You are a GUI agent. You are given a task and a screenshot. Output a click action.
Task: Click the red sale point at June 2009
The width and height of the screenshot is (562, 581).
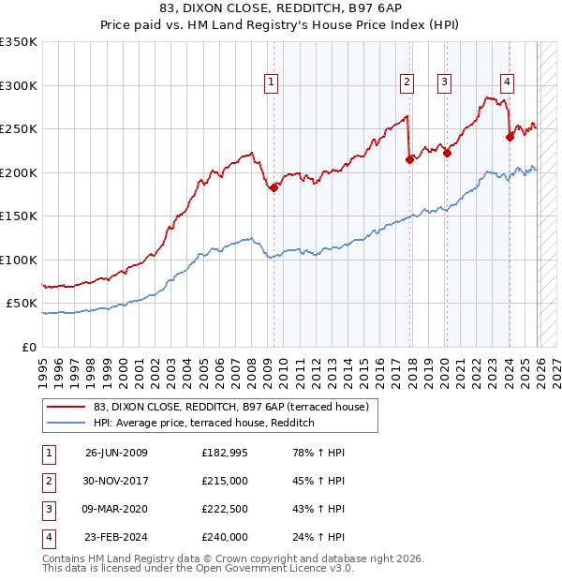[274, 187]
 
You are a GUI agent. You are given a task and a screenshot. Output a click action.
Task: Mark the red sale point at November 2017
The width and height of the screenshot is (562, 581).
[409, 160]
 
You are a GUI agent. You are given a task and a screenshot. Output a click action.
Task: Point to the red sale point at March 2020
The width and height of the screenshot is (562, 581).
[447, 154]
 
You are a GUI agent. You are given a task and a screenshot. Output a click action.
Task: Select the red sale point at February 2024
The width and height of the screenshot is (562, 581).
[510, 138]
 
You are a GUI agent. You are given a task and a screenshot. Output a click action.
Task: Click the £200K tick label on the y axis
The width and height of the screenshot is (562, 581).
[19, 172]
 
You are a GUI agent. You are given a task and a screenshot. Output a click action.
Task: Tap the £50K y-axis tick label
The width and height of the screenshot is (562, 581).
[22, 304]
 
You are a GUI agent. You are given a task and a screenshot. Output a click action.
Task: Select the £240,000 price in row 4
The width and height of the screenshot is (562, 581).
[225, 537]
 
